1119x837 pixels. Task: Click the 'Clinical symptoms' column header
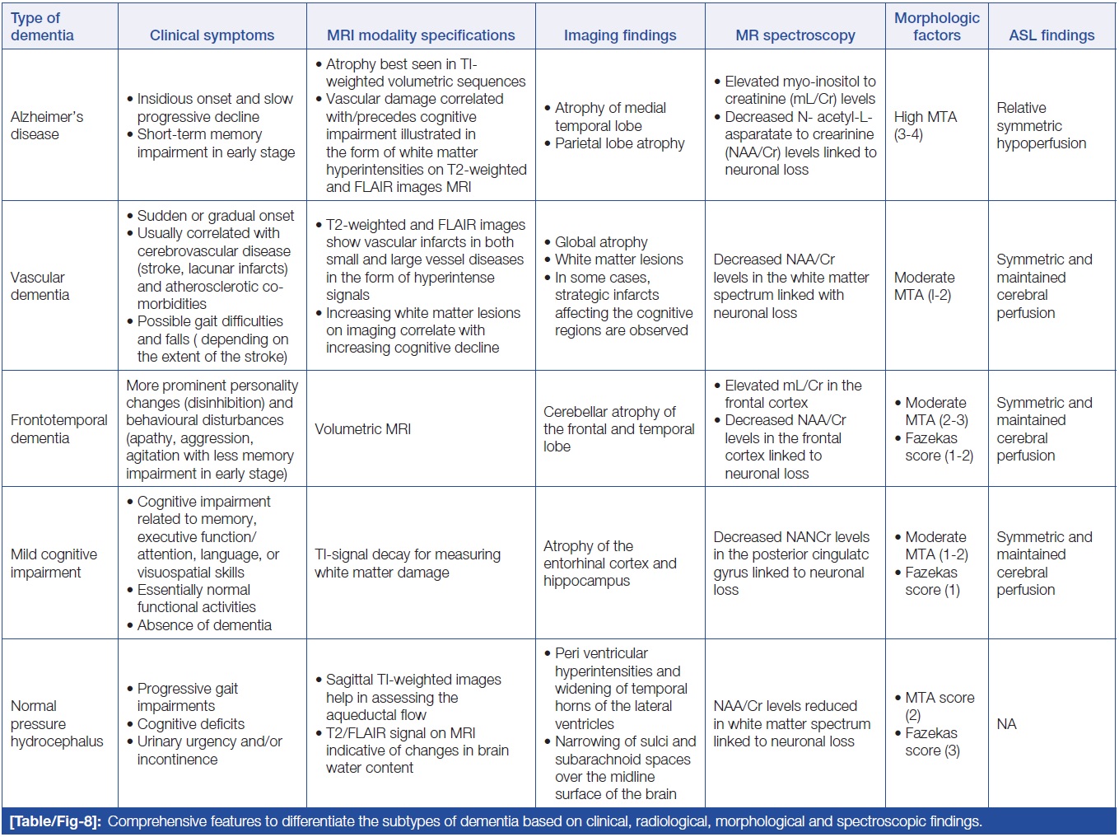(212, 35)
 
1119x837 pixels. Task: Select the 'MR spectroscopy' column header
(795, 35)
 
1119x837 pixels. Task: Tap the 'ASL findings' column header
(1051, 35)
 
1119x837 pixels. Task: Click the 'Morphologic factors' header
(936, 26)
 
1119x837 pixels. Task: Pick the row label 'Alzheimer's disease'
(47, 125)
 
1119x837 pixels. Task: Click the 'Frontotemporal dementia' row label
(58, 428)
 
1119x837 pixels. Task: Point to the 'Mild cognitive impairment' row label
(54, 563)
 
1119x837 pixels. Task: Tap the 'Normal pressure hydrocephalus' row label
(57, 723)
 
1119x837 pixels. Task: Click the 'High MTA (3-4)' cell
(925, 125)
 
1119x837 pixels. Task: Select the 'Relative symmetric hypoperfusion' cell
(1041, 125)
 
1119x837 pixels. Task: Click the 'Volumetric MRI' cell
(362, 428)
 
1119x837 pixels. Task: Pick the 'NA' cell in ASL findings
(1006, 723)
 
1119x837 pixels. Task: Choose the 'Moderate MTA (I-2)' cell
(924, 286)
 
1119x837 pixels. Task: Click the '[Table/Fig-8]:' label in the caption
(55, 821)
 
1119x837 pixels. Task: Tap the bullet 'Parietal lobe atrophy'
(619, 143)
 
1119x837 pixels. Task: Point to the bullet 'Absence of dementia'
(204, 625)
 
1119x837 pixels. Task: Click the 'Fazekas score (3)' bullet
(931, 741)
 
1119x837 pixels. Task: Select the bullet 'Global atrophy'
(601, 242)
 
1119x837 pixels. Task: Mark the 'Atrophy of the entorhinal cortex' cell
(609, 563)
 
